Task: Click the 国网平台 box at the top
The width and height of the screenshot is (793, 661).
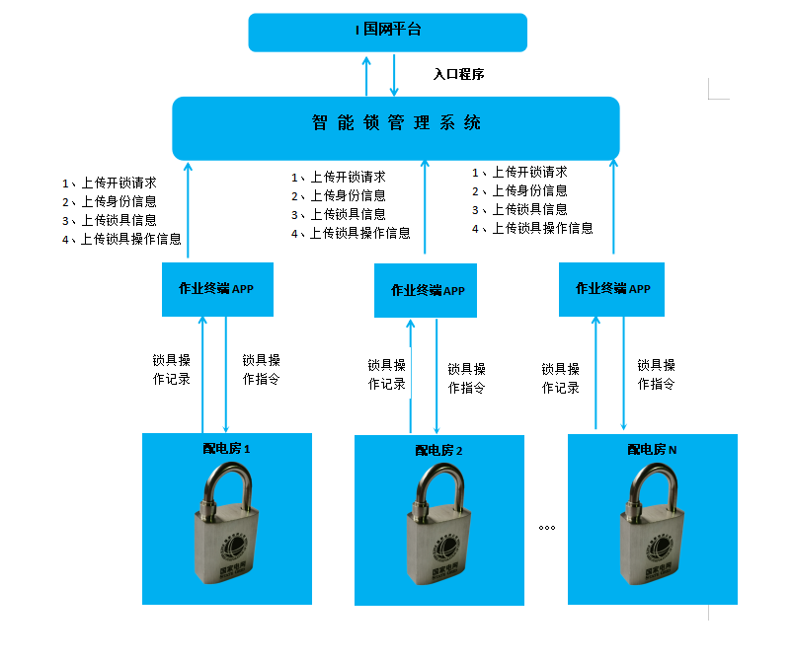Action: pos(387,33)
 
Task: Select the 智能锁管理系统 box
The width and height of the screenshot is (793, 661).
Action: pos(396,128)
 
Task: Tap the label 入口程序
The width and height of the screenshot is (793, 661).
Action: pos(458,74)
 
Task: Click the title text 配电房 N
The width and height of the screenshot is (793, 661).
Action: pos(652,449)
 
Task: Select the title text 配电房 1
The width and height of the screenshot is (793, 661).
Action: pos(226,448)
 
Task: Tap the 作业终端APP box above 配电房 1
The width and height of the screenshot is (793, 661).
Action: pos(217,289)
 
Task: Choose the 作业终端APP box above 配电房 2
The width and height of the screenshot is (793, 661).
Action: pos(426,291)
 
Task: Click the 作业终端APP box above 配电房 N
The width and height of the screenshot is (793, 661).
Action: pos(611,289)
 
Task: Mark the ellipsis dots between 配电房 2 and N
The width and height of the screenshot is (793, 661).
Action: pos(547,528)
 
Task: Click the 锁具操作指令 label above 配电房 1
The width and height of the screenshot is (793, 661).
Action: pos(261,369)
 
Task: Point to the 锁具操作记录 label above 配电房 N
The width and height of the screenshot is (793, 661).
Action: pos(560,378)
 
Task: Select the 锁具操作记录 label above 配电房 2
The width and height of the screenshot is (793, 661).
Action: pos(386,375)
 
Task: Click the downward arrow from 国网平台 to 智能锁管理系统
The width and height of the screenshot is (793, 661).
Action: pos(394,75)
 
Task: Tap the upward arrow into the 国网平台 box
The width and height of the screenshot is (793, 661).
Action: pos(366,76)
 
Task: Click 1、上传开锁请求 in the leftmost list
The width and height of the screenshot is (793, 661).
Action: pos(110,183)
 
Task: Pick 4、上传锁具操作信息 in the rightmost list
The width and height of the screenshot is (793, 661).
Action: pos(532,229)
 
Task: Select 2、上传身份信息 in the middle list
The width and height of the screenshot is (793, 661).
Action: pos(339,195)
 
